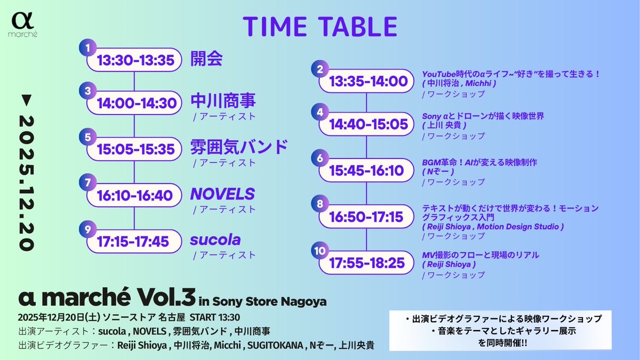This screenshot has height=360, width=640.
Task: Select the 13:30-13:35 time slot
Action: click(x=135, y=60)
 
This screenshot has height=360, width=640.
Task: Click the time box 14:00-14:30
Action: click(x=135, y=103)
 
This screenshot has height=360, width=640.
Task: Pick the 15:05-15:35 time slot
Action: click(x=135, y=150)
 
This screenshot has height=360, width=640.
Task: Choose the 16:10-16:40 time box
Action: click(x=135, y=195)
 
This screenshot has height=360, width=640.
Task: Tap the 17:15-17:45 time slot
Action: click(x=133, y=242)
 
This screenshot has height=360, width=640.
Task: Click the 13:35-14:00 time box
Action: click(x=368, y=82)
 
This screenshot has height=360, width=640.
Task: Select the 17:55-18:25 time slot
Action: click(x=368, y=263)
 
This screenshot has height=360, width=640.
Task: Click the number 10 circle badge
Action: click(x=319, y=250)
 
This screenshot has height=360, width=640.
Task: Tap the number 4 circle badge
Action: click(x=320, y=112)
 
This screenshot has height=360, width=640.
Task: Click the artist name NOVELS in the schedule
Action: click(x=222, y=194)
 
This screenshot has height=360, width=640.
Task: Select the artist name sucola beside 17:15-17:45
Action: click(x=215, y=240)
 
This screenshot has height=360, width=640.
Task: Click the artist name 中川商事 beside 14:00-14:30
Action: click(x=223, y=101)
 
